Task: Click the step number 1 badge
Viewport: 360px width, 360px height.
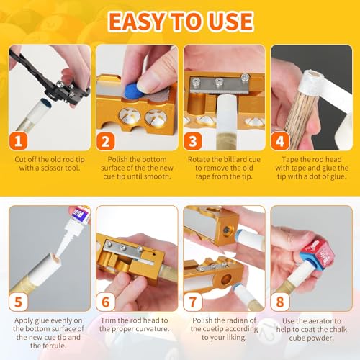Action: coord(19,141)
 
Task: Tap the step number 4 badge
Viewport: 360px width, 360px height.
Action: coord(280,141)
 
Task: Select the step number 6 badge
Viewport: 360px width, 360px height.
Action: coord(106,302)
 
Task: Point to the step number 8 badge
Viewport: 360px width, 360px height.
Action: coord(280,302)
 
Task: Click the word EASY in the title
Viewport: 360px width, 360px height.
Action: coord(138,22)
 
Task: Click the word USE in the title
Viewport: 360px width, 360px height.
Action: coord(230,22)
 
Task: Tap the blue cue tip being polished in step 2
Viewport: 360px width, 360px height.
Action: coord(133,90)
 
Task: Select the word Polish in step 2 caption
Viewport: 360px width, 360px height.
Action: coord(117,159)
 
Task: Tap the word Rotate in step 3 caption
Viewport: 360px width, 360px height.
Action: coord(198,159)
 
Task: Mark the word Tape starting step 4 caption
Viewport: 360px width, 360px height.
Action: coord(289,159)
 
